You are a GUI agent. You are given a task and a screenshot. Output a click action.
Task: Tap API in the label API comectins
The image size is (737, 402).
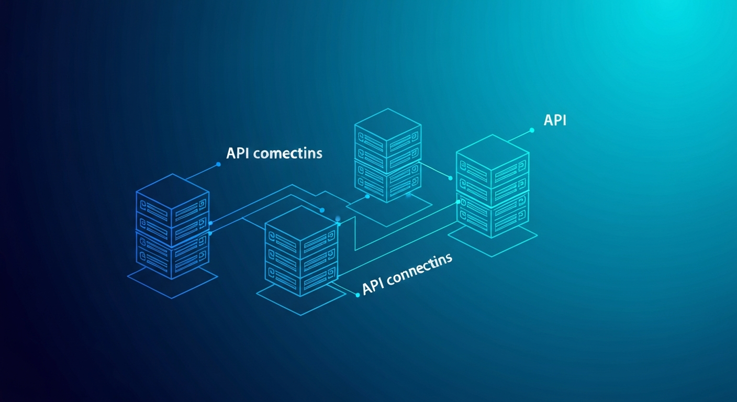click(x=239, y=153)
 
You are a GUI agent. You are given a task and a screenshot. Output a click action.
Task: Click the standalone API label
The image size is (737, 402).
click(x=555, y=120)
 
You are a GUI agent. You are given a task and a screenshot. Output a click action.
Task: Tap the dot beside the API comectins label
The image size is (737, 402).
click(x=218, y=164)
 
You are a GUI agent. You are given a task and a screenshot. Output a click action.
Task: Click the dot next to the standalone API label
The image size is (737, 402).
click(x=532, y=130)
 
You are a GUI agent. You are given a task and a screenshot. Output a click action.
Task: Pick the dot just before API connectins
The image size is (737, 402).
click(x=358, y=295)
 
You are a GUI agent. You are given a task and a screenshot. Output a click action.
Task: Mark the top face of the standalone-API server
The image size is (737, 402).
click(x=492, y=152)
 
